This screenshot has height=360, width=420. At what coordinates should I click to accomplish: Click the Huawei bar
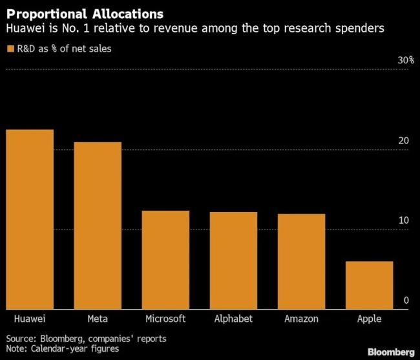point(30,219)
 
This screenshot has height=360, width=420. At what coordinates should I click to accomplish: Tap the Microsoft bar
point(165,259)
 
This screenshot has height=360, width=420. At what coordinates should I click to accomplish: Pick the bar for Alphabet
point(233,260)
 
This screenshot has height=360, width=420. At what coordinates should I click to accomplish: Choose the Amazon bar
point(301,261)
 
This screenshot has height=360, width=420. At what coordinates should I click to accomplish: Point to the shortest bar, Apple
point(369,284)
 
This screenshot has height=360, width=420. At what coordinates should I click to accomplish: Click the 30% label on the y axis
point(405,60)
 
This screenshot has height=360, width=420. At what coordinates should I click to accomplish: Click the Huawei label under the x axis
point(30,319)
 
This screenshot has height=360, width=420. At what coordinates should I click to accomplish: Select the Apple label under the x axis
point(369,319)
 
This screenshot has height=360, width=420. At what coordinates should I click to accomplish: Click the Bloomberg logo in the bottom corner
point(391,352)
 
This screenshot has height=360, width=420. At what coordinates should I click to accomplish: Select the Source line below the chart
point(86,338)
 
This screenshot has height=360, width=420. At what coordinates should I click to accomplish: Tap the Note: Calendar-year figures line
point(63,348)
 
